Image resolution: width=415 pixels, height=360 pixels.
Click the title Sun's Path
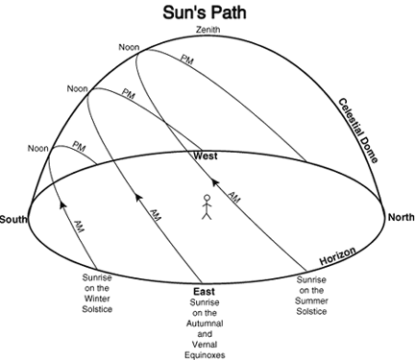tap(205, 12)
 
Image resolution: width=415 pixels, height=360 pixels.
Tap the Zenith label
tap(208, 30)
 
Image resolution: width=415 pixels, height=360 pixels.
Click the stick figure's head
tap(207, 198)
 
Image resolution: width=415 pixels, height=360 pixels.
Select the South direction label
tap(13, 220)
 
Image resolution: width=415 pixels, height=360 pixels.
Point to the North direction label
tap(401, 218)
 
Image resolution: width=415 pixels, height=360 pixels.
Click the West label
tap(206, 156)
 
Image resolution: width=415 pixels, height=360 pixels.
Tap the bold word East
tap(204, 292)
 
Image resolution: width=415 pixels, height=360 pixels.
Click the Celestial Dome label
tap(358, 131)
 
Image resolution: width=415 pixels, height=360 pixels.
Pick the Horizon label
tap(337, 255)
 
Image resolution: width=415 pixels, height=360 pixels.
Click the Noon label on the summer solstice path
tap(129, 47)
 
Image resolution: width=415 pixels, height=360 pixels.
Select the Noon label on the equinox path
tap(77, 88)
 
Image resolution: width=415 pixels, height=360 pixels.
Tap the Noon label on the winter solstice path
tap(38, 149)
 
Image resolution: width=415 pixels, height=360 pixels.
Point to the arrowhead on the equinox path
tap(138, 197)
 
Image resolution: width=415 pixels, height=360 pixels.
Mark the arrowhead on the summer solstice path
tap(215, 182)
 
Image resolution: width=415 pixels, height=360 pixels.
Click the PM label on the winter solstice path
tap(79, 147)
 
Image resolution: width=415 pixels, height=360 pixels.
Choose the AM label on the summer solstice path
tap(233, 198)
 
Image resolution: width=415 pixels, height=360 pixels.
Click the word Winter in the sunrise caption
tap(97, 299)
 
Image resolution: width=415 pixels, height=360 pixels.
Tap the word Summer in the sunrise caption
tap(311, 301)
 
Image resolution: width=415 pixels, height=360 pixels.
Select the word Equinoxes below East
tap(205, 355)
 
